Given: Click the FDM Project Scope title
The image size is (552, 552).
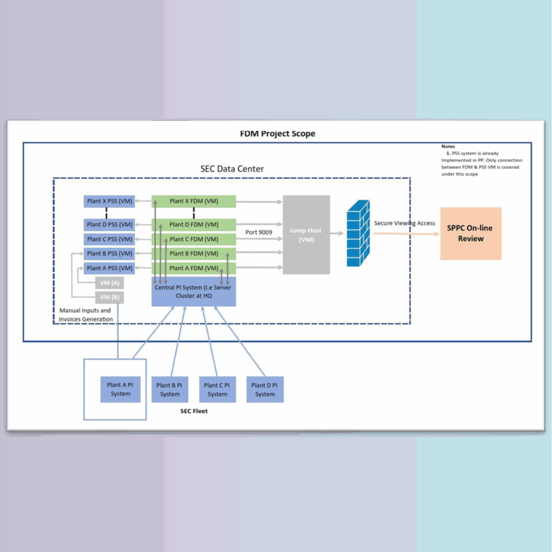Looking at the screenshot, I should [x=277, y=134].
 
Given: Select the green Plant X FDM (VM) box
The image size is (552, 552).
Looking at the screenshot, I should [x=194, y=201].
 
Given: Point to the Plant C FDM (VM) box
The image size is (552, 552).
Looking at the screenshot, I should [x=194, y=239].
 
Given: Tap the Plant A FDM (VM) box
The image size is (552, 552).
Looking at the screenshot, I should [x=194, y=268].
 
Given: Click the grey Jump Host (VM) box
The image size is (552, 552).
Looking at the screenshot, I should [x=306, y=234].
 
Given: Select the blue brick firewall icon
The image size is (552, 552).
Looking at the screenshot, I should [x=358, y=233].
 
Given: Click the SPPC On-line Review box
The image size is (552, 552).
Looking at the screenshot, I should [x=471, y=233].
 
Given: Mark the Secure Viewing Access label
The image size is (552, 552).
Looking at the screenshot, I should [x=404, y=223].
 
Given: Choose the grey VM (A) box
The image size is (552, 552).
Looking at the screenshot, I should [x=109, y=282].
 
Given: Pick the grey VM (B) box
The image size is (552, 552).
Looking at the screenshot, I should [x=109, y=297].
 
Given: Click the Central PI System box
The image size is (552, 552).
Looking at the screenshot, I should [x=193, y=292].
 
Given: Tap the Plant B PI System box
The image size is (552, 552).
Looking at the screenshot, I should [x=170, y=390].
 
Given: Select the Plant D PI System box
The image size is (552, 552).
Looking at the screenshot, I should [x=265, y=390].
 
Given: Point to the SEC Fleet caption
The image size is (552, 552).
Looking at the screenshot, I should [x=194, y=411].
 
